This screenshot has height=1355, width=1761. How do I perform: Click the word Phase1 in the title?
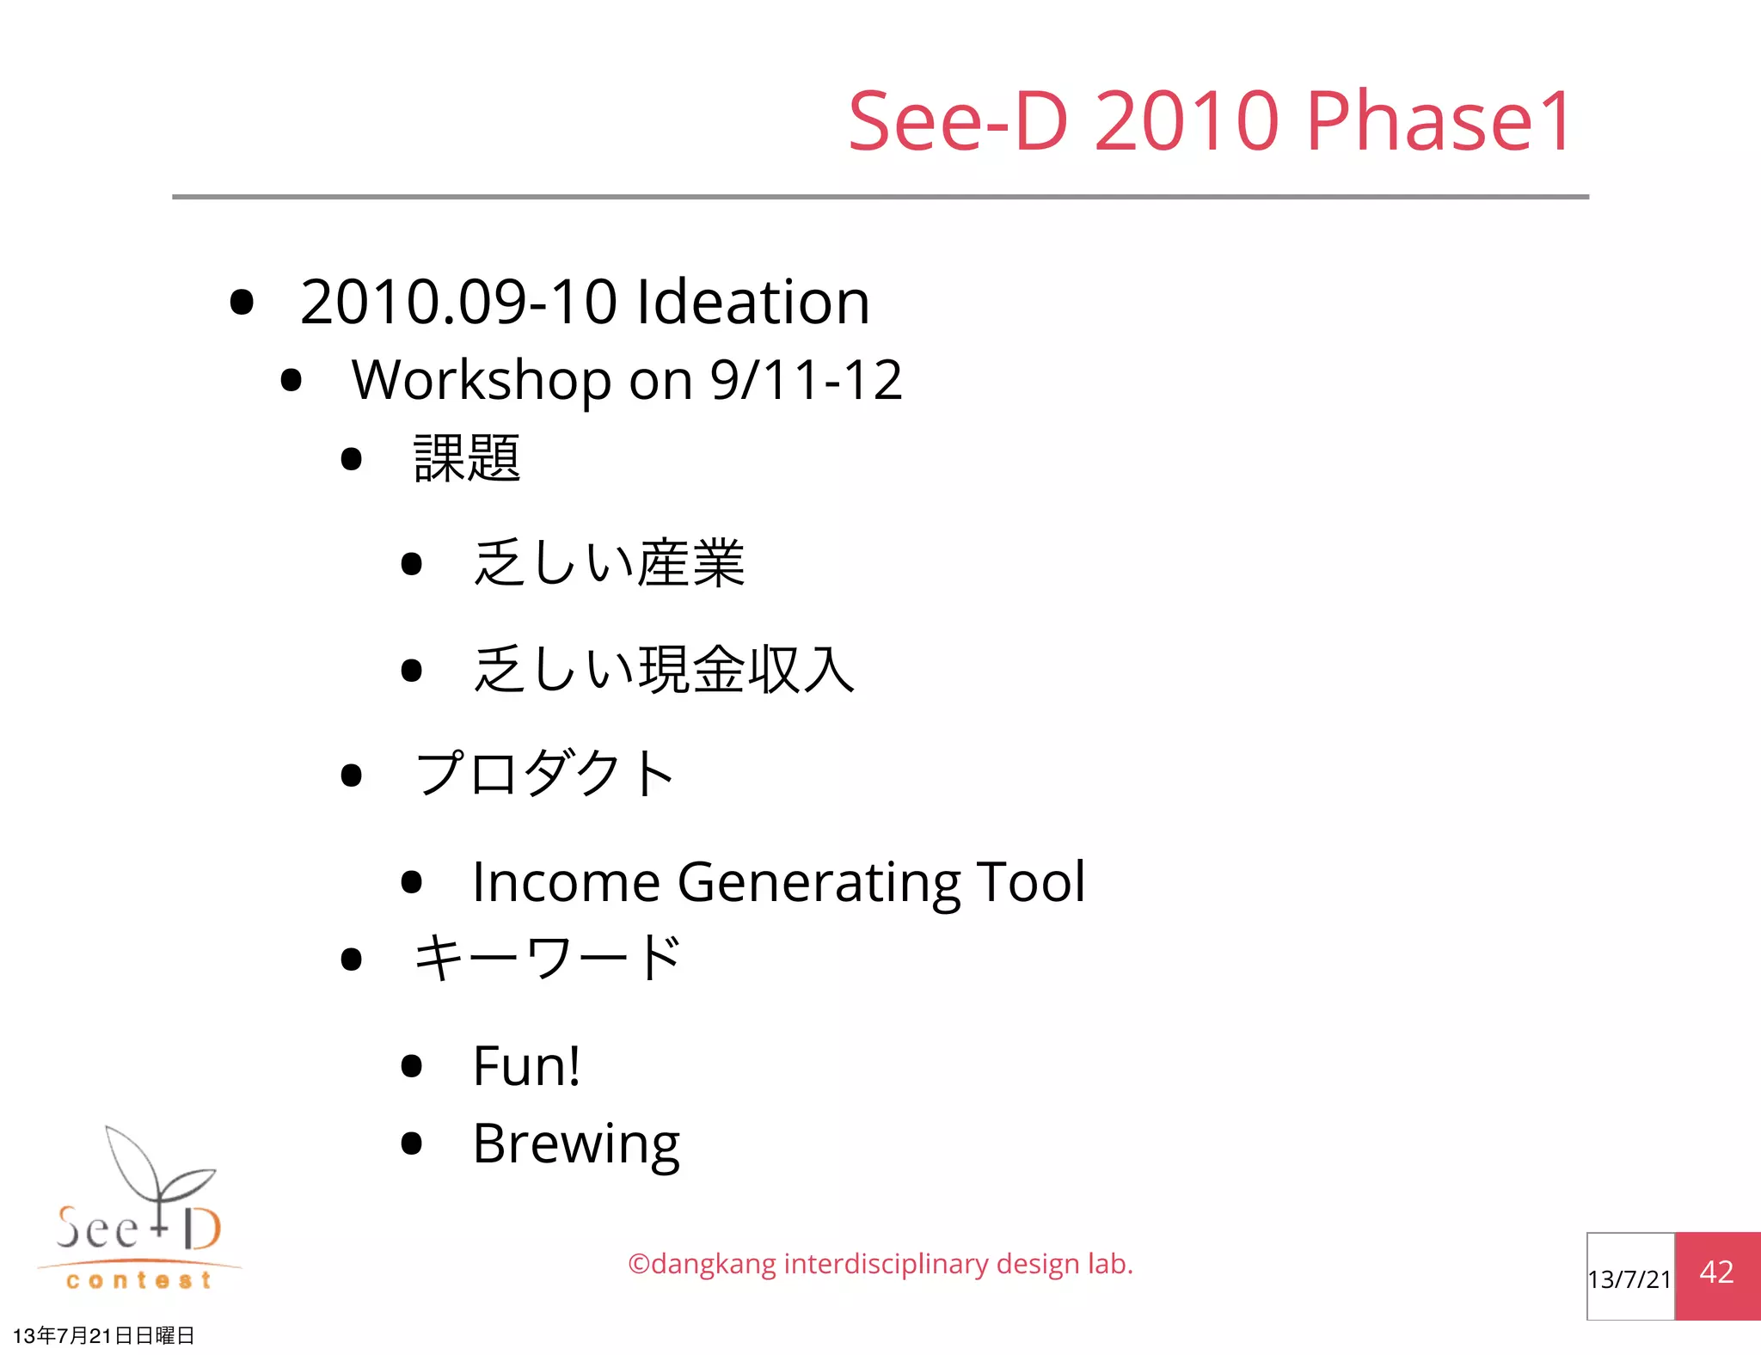tap(1439, 122)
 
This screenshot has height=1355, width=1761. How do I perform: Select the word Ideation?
tap(752, 303)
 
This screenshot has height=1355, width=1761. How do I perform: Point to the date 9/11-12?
tap(806, 380)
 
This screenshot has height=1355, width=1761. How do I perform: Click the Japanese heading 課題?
tap(467, 458)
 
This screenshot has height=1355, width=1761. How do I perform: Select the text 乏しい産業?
tap(609, 564)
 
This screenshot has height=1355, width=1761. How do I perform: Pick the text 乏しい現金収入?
tap(664, 670)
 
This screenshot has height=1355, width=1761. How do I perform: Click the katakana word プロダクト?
tap(544, 774)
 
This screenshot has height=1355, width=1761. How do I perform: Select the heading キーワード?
tap(548, 958)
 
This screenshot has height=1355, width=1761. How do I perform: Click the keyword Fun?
tap(526, 1066)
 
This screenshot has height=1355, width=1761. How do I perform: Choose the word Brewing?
tap(576, 1145)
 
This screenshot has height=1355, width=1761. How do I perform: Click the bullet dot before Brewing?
tap(412, 1143)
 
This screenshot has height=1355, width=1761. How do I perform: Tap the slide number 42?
tap(1716, 1272)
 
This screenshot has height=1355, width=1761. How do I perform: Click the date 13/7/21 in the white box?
tap(1629, 1279)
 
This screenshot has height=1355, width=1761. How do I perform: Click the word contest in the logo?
tap(138, 1280)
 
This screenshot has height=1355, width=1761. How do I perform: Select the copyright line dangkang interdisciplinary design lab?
tap(880, 1264)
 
